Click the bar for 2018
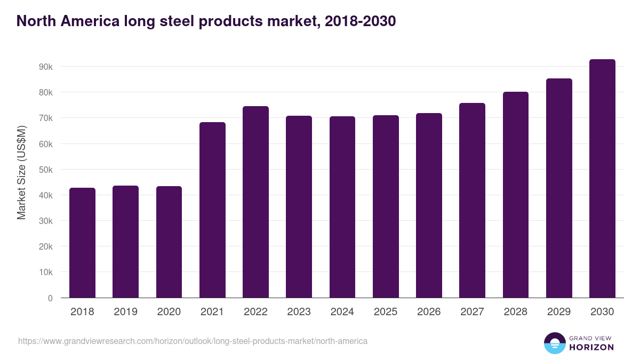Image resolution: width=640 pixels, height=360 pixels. tap(82, 243)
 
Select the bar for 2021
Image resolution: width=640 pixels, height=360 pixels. tap(212, 210)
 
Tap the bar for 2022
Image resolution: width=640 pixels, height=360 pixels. tap(255, 202)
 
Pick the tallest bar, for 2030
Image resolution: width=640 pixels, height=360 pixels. tap(602, 179)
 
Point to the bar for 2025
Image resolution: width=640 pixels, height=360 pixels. tap(386, 206)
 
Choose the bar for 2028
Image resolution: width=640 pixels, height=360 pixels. tap(516, 195)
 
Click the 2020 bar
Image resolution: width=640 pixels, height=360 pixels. tap(169, 242)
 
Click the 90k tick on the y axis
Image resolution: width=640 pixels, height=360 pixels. tap(45, 67)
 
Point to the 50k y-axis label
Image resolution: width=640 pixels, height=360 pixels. tap(45, 170)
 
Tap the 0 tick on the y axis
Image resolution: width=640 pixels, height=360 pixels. tap(50, 298)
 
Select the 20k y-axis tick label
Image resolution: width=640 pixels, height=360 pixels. tap(45, 246)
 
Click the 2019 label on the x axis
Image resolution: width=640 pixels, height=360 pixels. tap(125, 312)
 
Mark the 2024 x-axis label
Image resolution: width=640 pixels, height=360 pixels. tap(342, 312)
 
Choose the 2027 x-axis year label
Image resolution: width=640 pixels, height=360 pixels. tap(472, 312)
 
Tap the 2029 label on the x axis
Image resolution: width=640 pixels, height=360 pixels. tap(559, 312)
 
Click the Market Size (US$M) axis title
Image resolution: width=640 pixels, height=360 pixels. tap(21, 173)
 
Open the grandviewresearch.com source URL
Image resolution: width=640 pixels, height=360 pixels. tap(193, 341)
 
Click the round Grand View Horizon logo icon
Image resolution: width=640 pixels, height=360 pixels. tap(554, 343)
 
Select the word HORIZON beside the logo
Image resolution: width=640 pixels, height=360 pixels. tap(591, 347)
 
